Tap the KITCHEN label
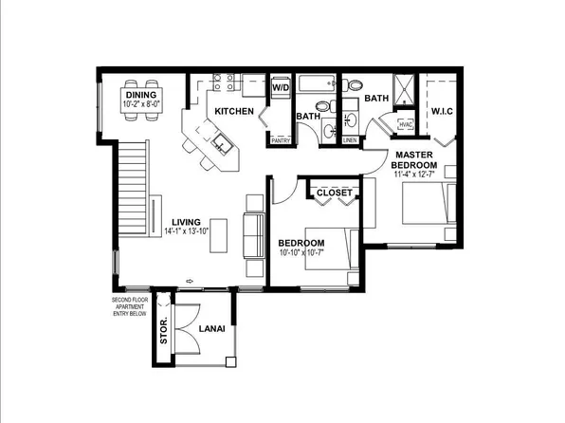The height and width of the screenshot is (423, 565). tap(233, 111)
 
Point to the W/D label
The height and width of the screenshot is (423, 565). tap(281, 87)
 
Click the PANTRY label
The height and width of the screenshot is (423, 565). tap(281, 140)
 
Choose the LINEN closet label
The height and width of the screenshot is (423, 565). tap(349, 140)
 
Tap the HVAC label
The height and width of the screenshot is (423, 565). tap(406, 124)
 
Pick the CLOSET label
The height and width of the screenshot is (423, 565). tap(334, 193)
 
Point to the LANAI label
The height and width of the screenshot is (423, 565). tap(211, 329)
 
